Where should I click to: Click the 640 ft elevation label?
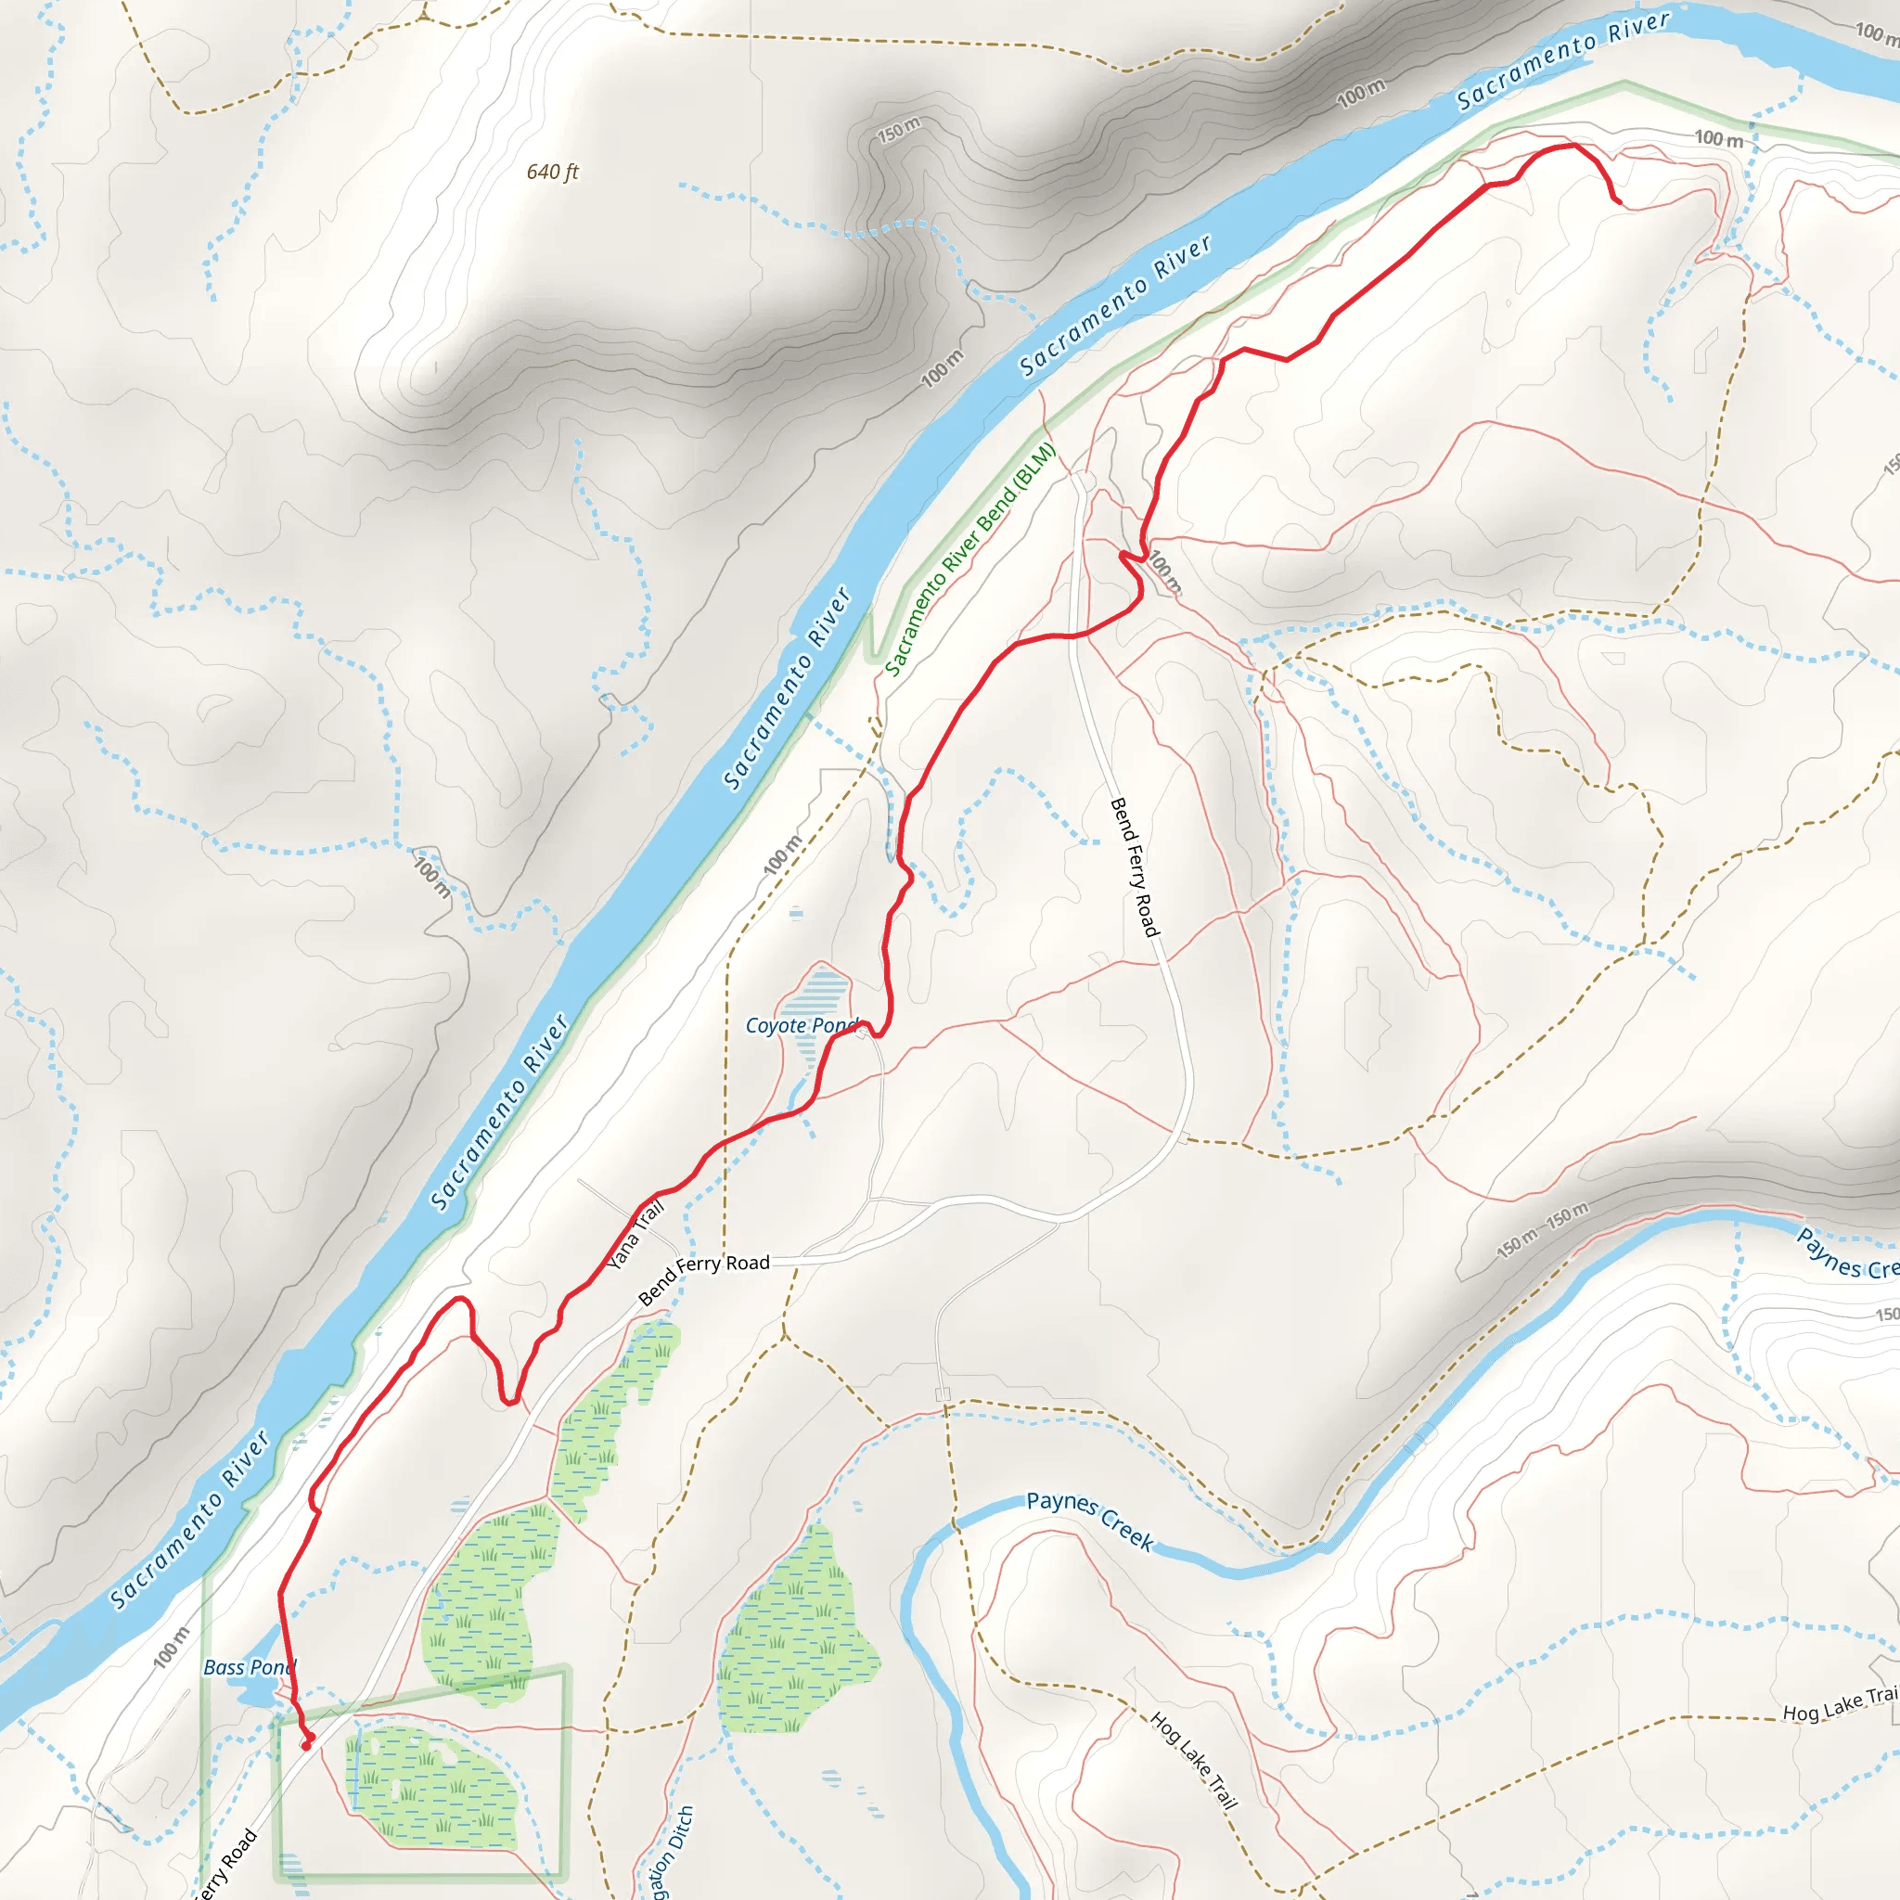(552, 173)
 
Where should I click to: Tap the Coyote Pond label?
(802, 1026)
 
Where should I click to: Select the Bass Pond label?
(249, 1667)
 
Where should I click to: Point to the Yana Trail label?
(635, 1235)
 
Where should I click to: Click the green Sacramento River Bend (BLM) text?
(969, 559)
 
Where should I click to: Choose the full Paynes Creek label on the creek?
(1090, 1520)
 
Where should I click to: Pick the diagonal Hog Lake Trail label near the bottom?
(1193, 1760)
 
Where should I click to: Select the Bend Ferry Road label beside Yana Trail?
(703, 1277)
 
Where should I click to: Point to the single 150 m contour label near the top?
(899, 129)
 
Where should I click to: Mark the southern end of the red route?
(306, 1745)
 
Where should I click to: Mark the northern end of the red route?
(1618, 201)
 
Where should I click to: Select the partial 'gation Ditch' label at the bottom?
(672, 1854)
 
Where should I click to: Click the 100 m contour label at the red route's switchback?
(1165, 571)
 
